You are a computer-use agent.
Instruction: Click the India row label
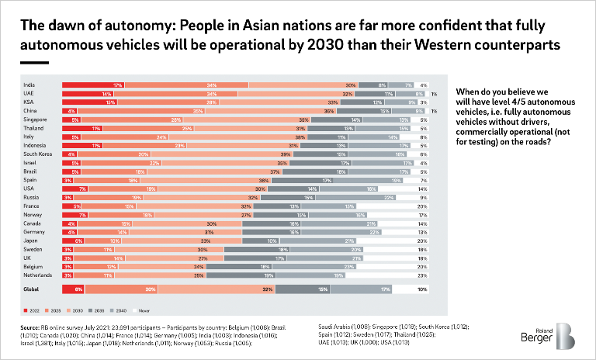29,85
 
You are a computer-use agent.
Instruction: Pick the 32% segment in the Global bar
268,289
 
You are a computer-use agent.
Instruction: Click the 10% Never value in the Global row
422,289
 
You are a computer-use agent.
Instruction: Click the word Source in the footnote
32,328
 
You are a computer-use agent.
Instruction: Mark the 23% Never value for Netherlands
422,275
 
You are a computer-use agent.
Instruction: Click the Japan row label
30,241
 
